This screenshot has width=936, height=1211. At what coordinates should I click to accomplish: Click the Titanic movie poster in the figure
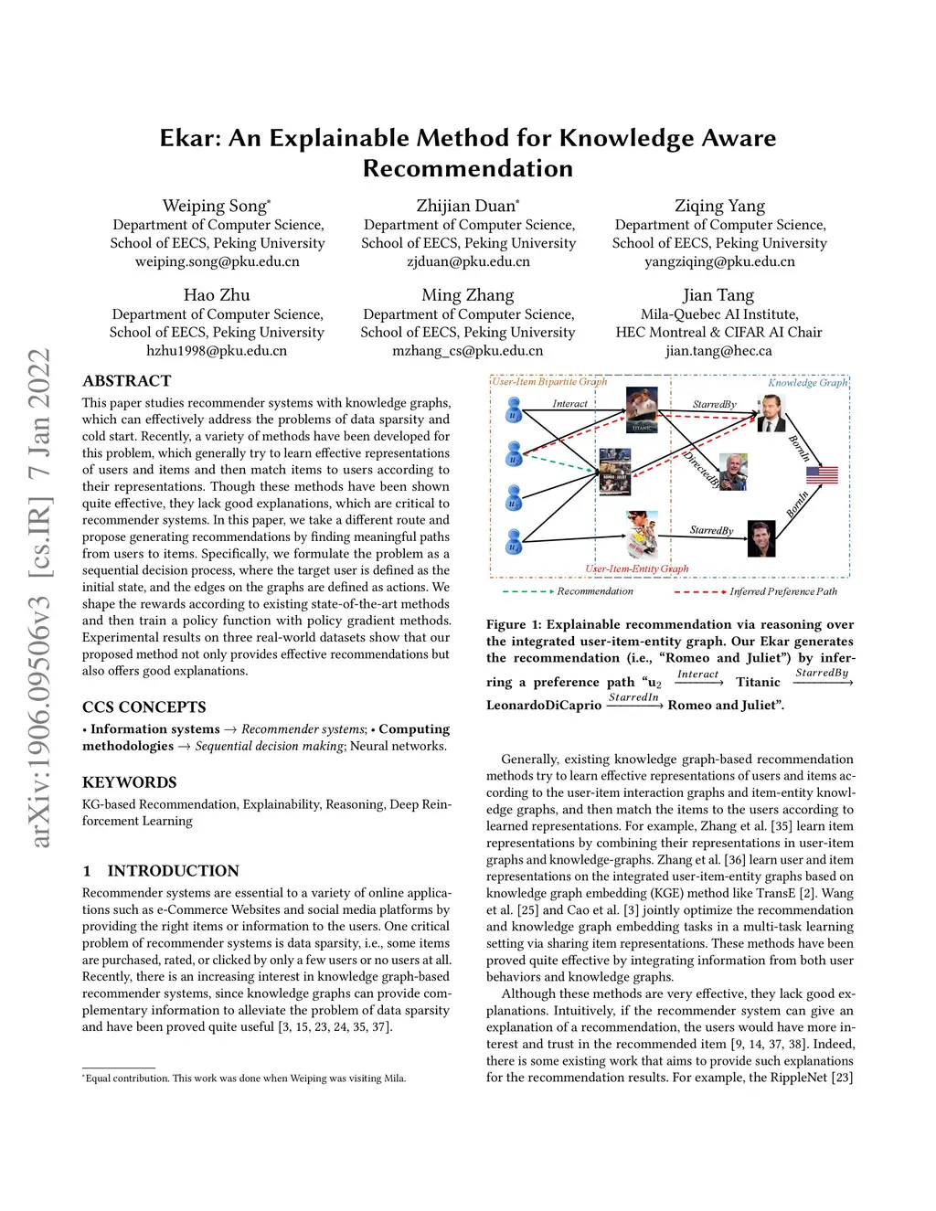(x=642, y=408)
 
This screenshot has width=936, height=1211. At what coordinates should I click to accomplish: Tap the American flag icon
(x=822, y=474)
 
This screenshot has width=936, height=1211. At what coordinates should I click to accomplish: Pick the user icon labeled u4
(x=514, y=542)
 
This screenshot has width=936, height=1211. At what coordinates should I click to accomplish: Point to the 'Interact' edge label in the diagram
(x=569, y=403)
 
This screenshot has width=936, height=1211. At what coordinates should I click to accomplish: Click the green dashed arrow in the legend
(x=527, y=591)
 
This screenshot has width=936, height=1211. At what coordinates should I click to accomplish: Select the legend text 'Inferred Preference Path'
(x=783, y=591)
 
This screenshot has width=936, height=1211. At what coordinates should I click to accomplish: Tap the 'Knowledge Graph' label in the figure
(x=807, y=382)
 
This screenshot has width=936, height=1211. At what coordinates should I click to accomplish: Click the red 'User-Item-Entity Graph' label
(x=636, y=568)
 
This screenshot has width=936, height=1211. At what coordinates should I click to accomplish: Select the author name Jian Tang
(x=718, y=295)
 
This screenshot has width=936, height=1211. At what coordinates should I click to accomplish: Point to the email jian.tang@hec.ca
(x=718, y=351)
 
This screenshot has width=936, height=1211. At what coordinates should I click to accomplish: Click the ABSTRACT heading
(x=127, y=381)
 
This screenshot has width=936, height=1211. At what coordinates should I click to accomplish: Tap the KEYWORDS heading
(x=130, y=782)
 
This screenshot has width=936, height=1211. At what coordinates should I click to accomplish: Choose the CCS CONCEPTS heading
(x=144, y=707)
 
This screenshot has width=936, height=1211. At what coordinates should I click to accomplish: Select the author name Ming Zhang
(x=468, y=295)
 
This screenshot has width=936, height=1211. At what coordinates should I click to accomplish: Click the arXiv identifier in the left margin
(x=39, y=598)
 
